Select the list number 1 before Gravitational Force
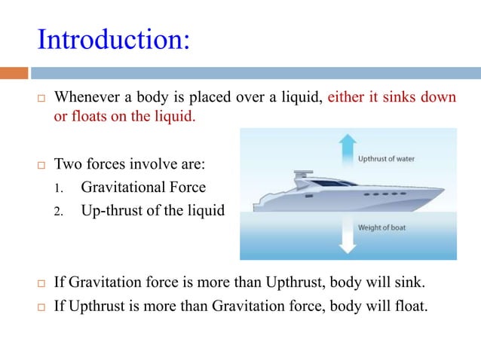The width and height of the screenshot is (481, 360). point(57,188)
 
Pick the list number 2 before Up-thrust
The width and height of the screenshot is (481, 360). point(57,212)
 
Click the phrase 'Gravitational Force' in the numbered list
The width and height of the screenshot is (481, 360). point(143,187)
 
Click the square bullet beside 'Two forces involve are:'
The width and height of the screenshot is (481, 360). point(42,164)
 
